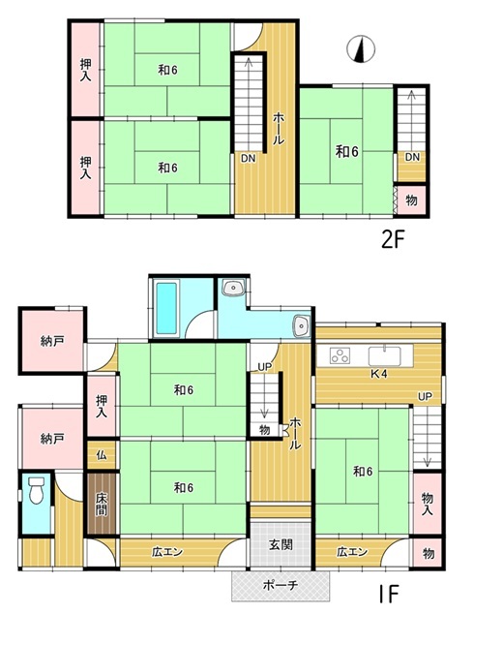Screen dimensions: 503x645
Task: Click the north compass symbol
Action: [x=361, y=49]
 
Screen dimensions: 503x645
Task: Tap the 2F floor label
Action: [x=394, y=240]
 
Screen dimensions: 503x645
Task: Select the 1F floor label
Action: [x=388, y=594]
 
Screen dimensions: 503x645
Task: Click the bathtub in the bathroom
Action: [x=166, y=308]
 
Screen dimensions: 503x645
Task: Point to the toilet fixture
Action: [x=37, y=489]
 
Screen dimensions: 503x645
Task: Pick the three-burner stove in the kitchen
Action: [x=340, y=356]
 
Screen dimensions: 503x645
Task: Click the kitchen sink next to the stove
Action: [x=385, y=356]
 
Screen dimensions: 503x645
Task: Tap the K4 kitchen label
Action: [x=378, y=374]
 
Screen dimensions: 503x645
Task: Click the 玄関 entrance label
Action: [x=281, y=544]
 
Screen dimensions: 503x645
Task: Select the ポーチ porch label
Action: [x=281, y=585]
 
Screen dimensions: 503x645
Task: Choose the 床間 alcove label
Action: [x=102, y=504]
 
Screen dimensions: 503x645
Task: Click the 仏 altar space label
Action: [x=102, y=455]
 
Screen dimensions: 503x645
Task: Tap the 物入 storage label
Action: [x=427, y=504]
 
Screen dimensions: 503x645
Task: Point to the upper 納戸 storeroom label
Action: [x=52, y=341]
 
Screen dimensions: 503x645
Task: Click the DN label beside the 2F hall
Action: [x=249, y=159]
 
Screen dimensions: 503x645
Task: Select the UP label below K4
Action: [x=425, y=396]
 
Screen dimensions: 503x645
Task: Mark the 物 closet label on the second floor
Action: [x=411, y=200]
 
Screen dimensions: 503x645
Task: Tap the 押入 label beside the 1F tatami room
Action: [x=102, y=407]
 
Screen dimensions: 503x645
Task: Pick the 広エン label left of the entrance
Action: [x=166, y=552]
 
